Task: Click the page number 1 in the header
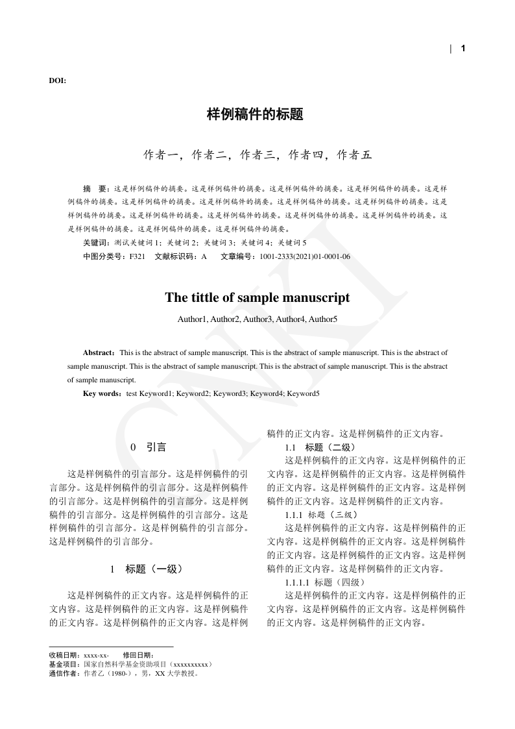coord(463,48)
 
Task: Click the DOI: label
coord(57,80)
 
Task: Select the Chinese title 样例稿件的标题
coord(255,115)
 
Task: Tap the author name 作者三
coord(256,154)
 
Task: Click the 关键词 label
coord(96,242)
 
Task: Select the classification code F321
coord(138,256)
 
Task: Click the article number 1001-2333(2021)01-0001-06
coord(305,256)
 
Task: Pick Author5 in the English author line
coord(322,319)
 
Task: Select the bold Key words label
coord(102,393)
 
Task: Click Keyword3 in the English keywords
coord(230,393)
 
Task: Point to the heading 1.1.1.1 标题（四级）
coord(326,582)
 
